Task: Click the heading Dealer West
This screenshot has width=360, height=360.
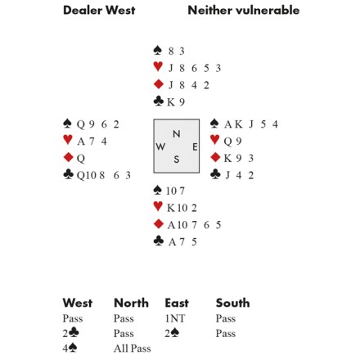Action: point(99,11)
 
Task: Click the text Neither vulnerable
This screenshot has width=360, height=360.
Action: point(244,11)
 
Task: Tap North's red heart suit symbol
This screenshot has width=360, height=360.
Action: point(158,67)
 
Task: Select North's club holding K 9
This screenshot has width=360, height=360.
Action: point(176,102)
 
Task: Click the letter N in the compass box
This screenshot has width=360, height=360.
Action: point(177,134)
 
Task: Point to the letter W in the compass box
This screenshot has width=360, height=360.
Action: point(160,146)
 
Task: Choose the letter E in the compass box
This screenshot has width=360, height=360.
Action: point(195,147)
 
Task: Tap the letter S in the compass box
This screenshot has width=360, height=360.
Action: point(177,160)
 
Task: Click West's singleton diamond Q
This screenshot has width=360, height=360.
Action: point(81,159)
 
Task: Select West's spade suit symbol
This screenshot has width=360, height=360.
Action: point(67,124)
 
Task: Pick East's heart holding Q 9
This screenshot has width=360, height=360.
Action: point(232,142)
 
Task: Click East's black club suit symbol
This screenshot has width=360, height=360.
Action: point(215,174)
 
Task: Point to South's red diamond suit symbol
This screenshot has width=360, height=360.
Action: point(159,224)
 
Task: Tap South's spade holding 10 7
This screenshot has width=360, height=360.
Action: point(175,191)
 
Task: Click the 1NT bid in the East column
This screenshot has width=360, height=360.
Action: point(175,318)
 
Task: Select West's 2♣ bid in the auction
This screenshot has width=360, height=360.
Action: point(70,333)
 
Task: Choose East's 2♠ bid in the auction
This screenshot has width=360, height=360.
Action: point(172,333)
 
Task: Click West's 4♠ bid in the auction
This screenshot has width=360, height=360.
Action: point(70,348)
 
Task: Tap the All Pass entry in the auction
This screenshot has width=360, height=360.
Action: point(133,349)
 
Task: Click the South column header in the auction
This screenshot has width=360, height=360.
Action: point(232,303)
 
